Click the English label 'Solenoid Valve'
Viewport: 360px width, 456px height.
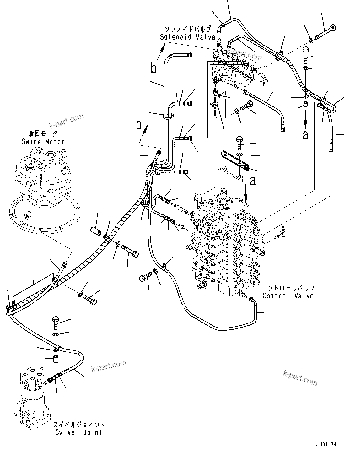click(187, 37)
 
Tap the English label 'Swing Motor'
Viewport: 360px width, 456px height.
click(43, 141)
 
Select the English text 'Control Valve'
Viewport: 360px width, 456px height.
click(288, 296)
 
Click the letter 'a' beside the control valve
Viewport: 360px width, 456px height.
click(253, 180)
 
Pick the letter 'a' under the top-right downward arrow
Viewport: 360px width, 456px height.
click(305, 135)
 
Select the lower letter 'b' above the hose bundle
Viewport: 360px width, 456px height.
click(138, 125)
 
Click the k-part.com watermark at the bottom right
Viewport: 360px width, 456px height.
click(300, 377)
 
